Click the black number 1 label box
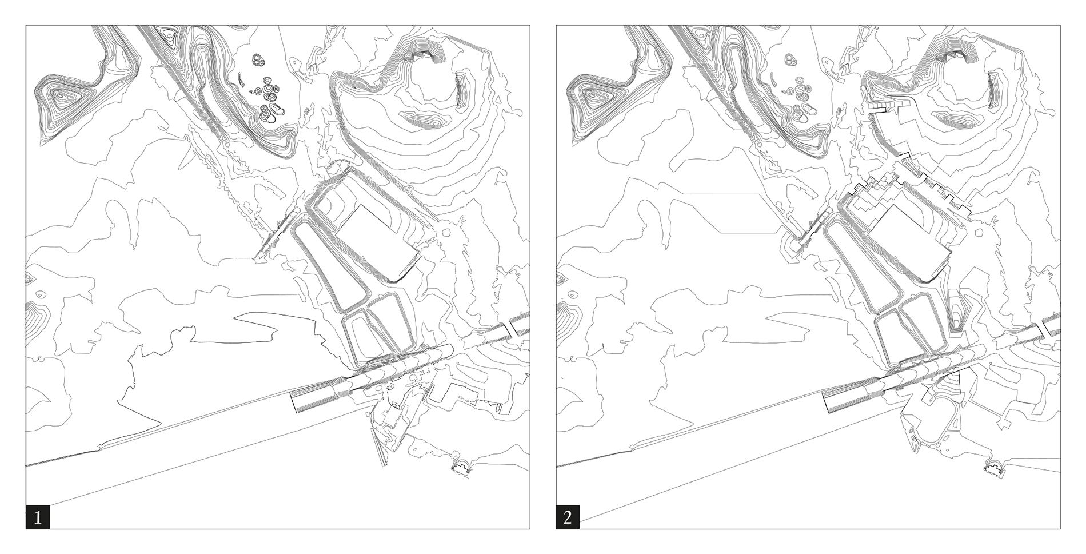[38, 517]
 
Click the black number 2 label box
[568, 517]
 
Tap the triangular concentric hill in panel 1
[63, 100]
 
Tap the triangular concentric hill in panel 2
[593, 100]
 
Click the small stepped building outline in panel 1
[461, 468]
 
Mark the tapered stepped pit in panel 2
[956, 312]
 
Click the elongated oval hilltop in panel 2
[955, 119]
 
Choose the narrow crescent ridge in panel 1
[461, 89]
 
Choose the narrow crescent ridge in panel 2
[991, 89]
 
